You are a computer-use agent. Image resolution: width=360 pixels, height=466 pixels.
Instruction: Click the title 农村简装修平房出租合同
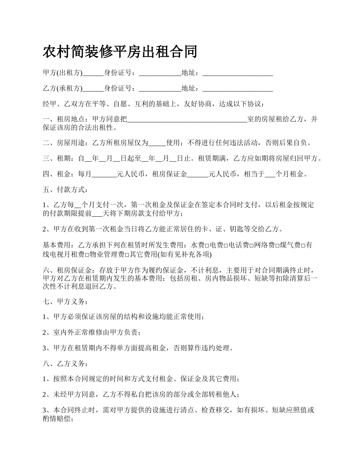[x=120, y=52]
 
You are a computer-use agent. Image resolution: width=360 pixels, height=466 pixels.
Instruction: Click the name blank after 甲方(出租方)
[x=93, y=73]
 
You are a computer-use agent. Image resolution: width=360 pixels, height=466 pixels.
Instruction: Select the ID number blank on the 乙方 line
[x=160, y=89]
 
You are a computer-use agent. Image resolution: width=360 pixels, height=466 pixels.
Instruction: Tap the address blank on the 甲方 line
[x=238, y=73]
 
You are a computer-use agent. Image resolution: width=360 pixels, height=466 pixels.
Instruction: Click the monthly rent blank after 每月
[x=104, y=175]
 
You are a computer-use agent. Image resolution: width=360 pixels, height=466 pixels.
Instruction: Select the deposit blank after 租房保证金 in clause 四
[x=198, y=175]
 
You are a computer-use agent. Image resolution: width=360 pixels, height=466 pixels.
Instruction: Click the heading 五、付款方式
[x=66, y=190]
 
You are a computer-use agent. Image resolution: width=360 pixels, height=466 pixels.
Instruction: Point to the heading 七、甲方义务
[x=66, y=302]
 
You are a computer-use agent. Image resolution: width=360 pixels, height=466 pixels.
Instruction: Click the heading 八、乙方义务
[x=66, y=364]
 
